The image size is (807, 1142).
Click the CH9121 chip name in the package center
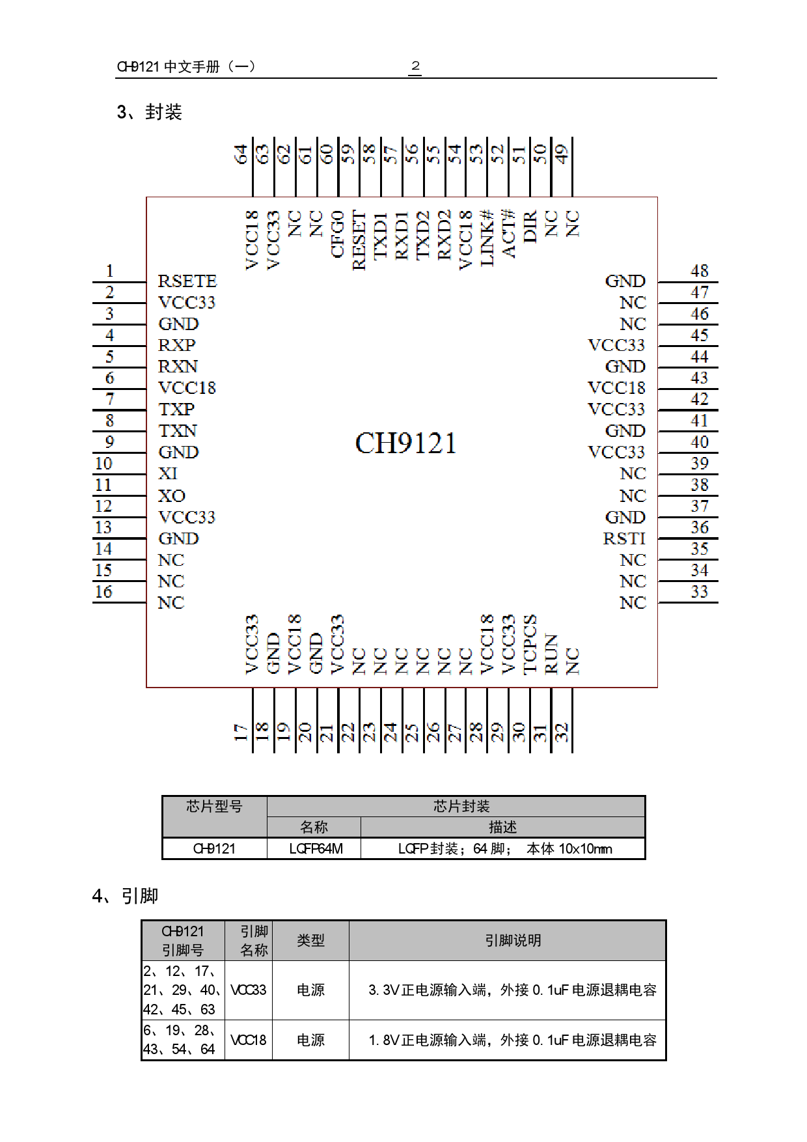click(x=405, y=443)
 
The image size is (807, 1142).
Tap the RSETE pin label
click(x=187, y=281)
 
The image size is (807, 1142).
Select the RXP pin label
click(x=176, y=345)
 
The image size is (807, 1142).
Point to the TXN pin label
click(x=178, y=431)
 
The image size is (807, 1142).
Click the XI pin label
click(x=168, y=474)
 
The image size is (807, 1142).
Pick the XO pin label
click(x=172, y=496)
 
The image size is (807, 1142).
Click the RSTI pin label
click(x=624, y=539)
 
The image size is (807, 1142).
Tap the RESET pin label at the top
click(x=359, y=240)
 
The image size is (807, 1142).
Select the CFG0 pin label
click(x=337, y=234)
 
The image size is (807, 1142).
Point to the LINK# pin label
click(x=487, y=238)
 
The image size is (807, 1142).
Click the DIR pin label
click(x=530, y=226)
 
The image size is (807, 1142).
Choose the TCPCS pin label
click(x=530, y=644)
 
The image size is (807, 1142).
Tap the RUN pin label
click(x=551, y=654)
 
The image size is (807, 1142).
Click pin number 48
click(x=700, y=271)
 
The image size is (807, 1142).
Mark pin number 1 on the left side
click(x=109, y=271)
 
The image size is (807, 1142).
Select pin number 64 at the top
click(x=241, y=154)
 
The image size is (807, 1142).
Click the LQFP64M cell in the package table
click(x=316, y=849)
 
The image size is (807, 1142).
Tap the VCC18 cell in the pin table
click(x=248, y=1040)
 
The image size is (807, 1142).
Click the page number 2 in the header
click(x=415, y=66)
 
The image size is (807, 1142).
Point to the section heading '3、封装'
click(x=150, y=112)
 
